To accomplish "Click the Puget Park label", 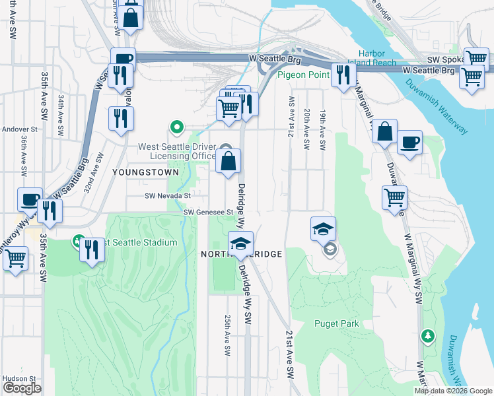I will pos(337,323).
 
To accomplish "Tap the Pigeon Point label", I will pos(303,75).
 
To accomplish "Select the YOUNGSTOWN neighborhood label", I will pos(145,172).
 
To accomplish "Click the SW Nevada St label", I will pos(168,195).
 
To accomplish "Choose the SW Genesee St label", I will pos(209,212).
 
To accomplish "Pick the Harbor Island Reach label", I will pos(377,58).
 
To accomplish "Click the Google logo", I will pos(22,388).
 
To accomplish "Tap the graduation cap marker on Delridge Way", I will pos(240,244).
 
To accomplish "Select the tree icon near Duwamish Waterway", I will pos(429,336).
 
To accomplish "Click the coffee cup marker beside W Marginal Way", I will pos(409,142).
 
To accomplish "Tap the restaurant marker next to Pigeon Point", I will pos(341,75).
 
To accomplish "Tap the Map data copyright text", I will pos(453,391).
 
